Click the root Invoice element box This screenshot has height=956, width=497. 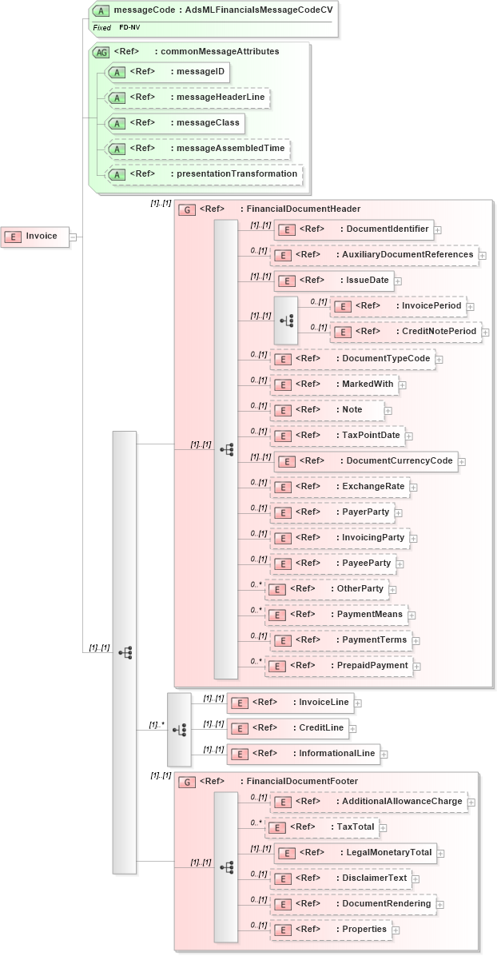(x=34, y=236)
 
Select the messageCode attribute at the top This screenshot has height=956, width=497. (x=213, y=10)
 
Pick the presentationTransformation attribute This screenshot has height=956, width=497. (x=205, y=173)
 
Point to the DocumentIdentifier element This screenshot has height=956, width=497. (x=353, y=229)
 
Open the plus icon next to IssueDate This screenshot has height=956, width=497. (x=398, y=281)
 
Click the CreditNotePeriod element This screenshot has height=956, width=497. (x=405, y=332)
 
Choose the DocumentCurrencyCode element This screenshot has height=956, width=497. (x=366, y=461)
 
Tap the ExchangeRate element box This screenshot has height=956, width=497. (x=340, y=487)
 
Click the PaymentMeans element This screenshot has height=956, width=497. (x=336, y=615)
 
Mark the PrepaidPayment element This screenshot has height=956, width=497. (x=338, y=666)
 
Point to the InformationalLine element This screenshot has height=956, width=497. (x=303, y=753)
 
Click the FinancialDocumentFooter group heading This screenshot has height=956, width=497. (x=268, y=781)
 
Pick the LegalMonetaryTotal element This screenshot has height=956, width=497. (x=354, y=853)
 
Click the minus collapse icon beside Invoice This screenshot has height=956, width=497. (x=73, y=237)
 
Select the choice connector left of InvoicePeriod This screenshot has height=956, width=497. (x=286, y=321)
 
